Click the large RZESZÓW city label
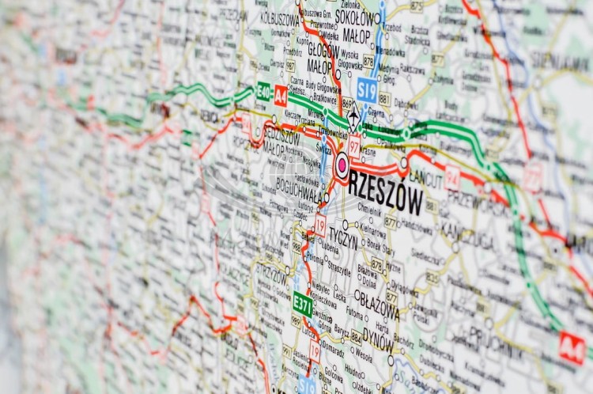[x=386, y=191]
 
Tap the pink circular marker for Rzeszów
[x=342, y=165]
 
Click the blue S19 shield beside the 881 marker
[x=366, y=89]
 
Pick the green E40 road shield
[x=263, y=91]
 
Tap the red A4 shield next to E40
[x=281, y=96]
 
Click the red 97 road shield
[x=354, y=144]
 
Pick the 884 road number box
[x=356, y=336]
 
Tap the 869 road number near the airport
[x=347, y=103]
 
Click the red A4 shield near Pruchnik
[x=571, y=348]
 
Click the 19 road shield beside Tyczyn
[x=320, y=224]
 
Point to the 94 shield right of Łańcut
[x=452, y=177]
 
